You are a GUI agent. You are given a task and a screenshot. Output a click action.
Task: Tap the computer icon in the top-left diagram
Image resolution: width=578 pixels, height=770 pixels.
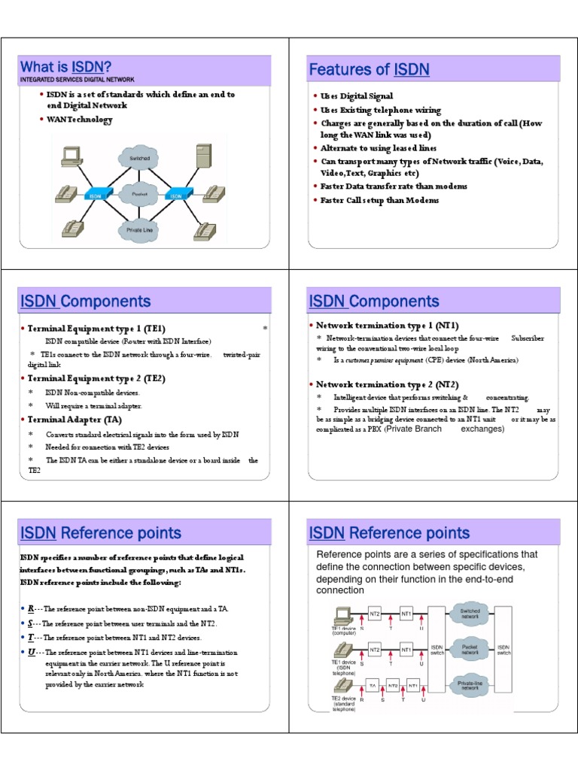pos(71,155)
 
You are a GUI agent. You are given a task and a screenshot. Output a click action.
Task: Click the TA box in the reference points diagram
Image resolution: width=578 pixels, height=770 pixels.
pos(372,685)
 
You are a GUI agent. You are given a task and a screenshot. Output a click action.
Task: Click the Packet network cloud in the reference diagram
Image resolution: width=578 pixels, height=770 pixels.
pos(470,647)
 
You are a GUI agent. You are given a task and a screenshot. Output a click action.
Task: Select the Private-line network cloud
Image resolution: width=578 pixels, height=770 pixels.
pos(470,684)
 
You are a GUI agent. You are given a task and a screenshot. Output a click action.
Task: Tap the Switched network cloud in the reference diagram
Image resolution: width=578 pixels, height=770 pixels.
pos(470,614)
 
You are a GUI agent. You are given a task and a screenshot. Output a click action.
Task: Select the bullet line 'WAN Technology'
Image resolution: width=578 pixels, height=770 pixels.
pos(79,120)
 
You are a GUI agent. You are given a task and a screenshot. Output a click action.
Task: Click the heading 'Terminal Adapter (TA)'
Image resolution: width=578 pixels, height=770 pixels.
pos(75,420)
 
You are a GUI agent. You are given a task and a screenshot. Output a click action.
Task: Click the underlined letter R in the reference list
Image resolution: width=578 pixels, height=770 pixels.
pos(32,608)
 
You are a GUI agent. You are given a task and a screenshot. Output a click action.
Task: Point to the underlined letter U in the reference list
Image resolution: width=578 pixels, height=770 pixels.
pos(32,652)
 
